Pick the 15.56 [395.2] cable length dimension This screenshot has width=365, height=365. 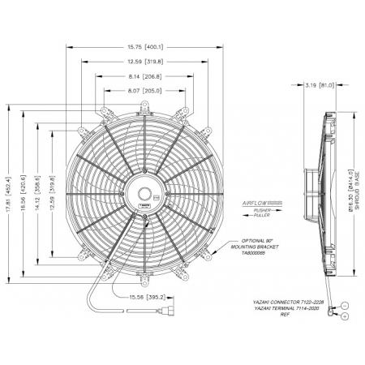tap(147, 297)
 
